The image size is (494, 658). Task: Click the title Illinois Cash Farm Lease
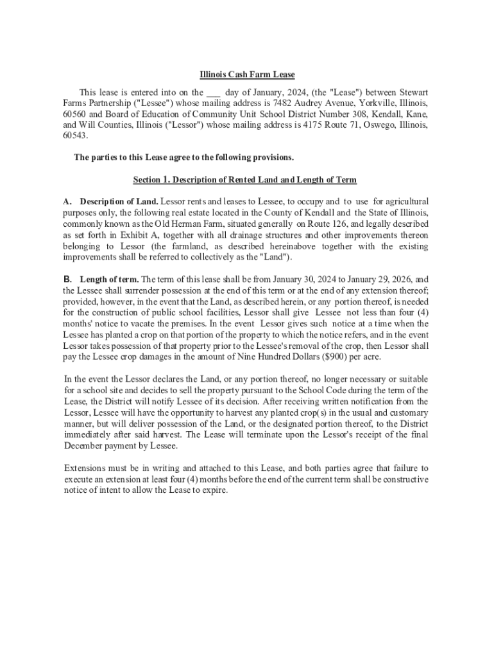(x=246, y=75)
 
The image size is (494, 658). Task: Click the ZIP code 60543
(x=74, y=136)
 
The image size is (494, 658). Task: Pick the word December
(x=87, y=445)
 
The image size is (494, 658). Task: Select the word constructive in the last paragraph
(x=404, y=479)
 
